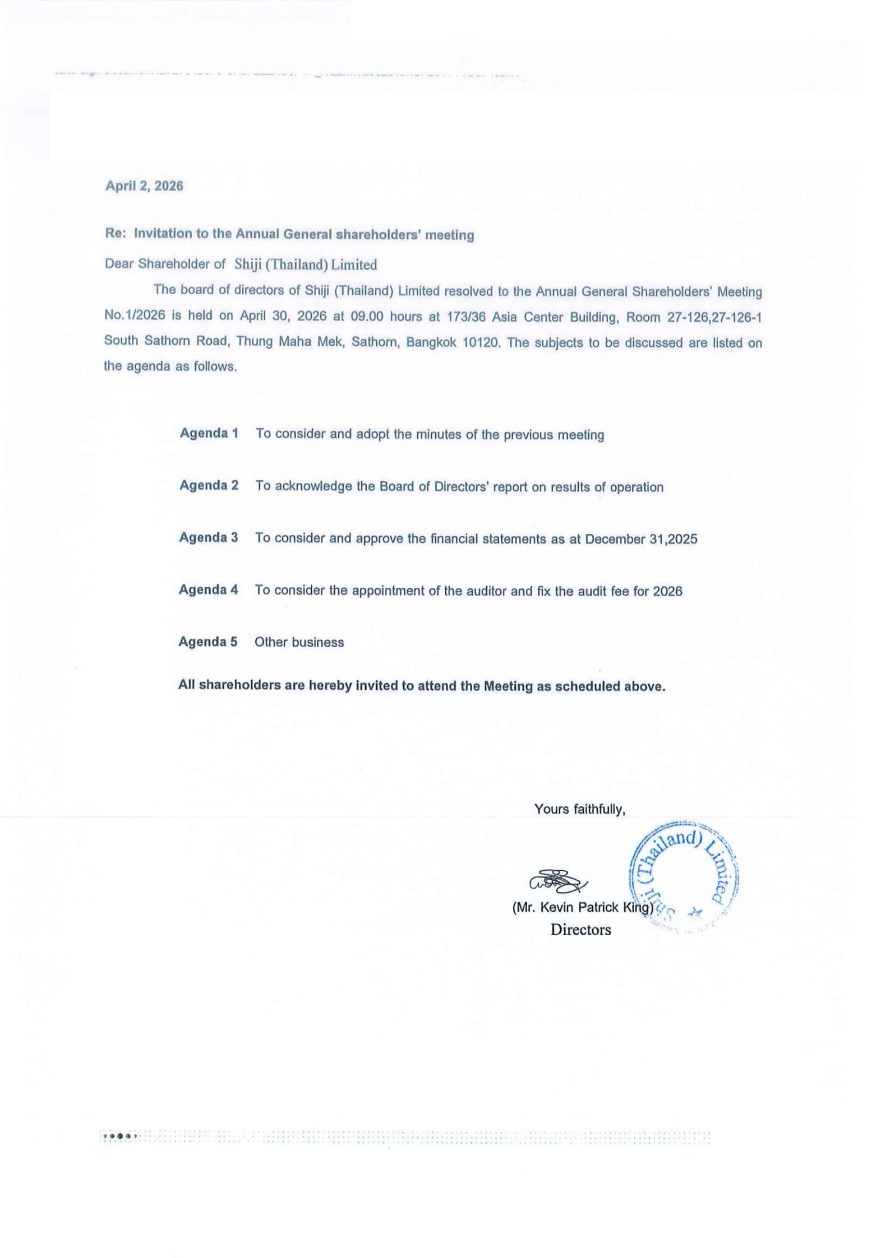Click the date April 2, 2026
pos(144,186)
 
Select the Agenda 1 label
pos(209,433)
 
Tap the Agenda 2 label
pos(209,485)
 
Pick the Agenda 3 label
pos(208,537)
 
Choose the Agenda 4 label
pos(208,589)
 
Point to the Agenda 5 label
pos(207,642)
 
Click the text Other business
pos(299,642)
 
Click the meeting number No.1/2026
pos(135,315)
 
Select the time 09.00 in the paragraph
pos(367,317)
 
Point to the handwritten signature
pos(557,881)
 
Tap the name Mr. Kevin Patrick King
pos(583,907)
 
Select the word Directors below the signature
pos(580,930)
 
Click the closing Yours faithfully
pos(579,809)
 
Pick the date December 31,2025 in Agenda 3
pos(641,539)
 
